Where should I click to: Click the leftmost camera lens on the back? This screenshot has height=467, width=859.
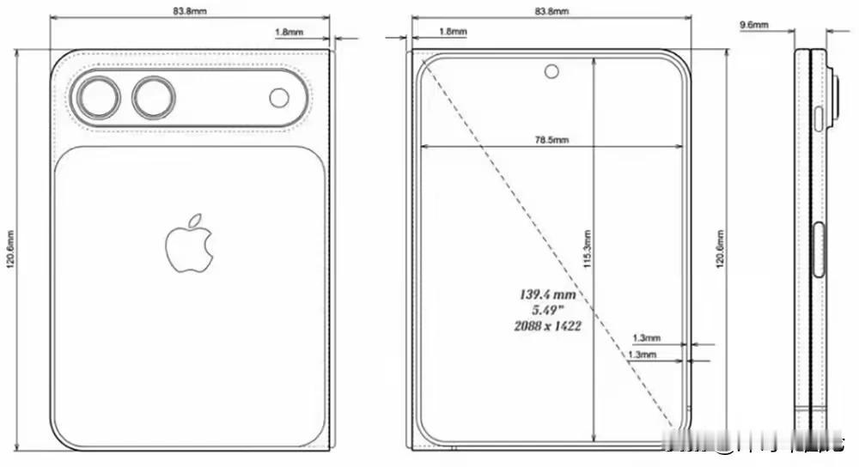(x=97, y=97)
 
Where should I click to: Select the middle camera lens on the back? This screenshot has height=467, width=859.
(x=154, y=97)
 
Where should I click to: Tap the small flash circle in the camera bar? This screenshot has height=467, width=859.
(x=280, y=98)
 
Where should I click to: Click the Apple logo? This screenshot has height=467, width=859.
(x=188, y=246)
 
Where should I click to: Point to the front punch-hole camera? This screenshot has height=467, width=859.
(x=551, y=71)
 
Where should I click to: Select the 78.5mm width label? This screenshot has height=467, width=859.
(x=551, y=139)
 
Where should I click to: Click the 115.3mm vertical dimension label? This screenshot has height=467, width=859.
(x=588, y=250)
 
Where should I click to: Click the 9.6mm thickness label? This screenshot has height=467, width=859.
(x=753, y=26)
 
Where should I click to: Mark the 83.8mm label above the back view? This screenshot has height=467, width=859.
(x=190, y=11)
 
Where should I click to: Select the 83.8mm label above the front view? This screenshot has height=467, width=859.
(x=551, y=11)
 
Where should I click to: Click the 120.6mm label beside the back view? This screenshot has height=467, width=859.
(x=11, y=248)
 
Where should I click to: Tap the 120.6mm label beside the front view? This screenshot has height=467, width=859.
(x=720, y=249)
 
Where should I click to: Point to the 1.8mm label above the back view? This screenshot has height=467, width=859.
(x=287, y=32)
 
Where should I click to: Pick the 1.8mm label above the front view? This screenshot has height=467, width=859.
(x=453, y=32)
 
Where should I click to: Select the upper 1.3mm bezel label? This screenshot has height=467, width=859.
(x=646, y=338)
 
